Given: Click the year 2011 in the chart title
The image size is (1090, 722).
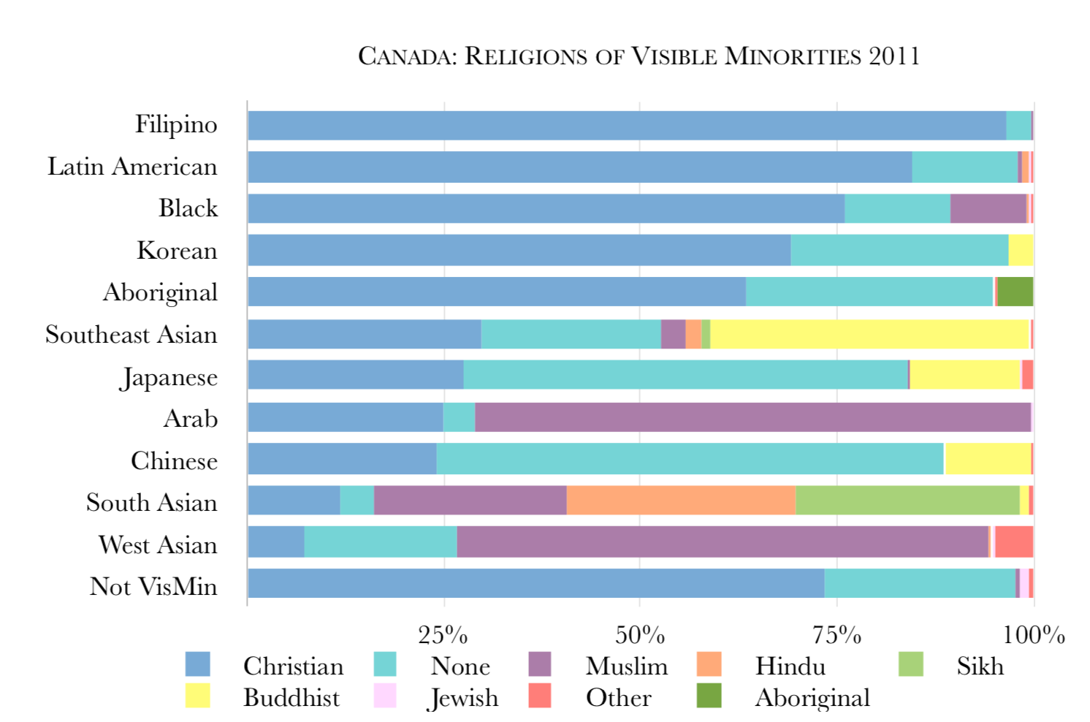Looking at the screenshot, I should point(893,56).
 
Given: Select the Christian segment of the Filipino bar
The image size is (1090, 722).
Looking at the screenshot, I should point(626,126).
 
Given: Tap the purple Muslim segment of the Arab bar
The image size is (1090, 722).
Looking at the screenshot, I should point(752,417).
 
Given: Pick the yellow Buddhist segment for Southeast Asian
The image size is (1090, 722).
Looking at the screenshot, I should point(869,334).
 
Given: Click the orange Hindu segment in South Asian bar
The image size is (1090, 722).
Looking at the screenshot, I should point(680,501).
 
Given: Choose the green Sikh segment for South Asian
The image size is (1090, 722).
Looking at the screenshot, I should point(907,501).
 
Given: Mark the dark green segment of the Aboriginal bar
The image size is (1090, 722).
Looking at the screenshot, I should point(1015,292).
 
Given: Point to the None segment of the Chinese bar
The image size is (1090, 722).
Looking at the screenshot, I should point(690,459).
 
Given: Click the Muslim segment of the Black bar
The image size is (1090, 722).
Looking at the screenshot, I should point(988,208).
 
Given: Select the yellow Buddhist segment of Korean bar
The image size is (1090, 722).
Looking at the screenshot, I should point(1021,250).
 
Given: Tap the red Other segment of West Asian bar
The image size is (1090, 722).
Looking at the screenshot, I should point(1014,542).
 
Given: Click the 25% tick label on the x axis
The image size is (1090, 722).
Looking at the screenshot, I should point(443,635).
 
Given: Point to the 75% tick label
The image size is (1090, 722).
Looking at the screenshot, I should point(837,635).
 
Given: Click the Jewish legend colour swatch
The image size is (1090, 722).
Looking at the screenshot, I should point(384,696).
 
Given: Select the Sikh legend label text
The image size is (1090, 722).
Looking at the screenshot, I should point(980,666).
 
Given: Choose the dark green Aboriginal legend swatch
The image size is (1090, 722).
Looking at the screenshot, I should point(709,696).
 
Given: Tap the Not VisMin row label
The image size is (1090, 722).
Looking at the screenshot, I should point(153,586).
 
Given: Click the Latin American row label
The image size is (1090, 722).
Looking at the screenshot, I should point(132,167).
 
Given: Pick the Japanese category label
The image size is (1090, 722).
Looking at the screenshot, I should point(169,377).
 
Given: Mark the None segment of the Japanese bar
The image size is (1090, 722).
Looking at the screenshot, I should point(685,375).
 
